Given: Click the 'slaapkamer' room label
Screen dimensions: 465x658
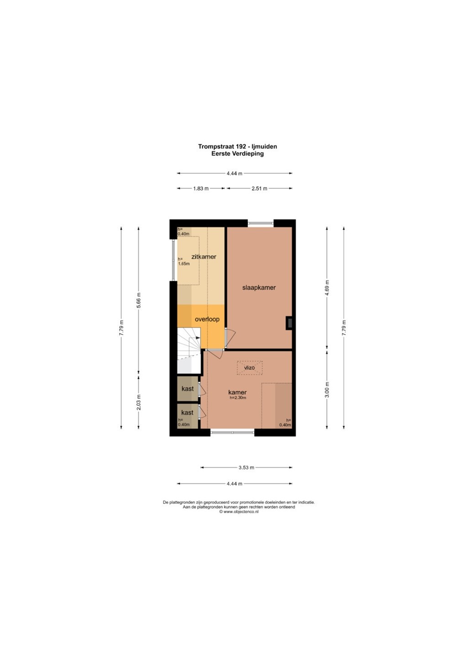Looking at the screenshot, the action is (259, 287).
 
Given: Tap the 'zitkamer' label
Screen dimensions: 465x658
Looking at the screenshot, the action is (204, 256).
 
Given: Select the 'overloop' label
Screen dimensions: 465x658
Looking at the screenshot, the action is (207, 319).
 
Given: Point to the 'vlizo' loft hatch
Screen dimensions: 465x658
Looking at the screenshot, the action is (249, 367).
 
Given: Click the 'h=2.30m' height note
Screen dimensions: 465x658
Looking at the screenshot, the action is (238, 398).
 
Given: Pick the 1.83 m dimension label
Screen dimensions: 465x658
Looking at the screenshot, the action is (201, 189).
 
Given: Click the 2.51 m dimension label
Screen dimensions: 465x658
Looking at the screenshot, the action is (259, 189).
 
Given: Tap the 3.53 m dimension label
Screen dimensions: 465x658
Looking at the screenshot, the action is (246, 467).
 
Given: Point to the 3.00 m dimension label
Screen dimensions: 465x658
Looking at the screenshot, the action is (328, 389).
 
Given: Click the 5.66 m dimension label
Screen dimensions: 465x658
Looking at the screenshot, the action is (139, 300).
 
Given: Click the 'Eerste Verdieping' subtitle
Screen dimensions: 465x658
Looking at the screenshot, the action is (238, 154).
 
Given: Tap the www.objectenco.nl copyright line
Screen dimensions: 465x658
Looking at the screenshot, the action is (238, 511).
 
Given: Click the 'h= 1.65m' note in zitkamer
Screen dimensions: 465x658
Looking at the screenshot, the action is (184, 261).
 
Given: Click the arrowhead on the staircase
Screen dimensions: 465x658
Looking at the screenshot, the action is (198, 338).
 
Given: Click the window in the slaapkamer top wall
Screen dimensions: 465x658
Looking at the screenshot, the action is (261, 223).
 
